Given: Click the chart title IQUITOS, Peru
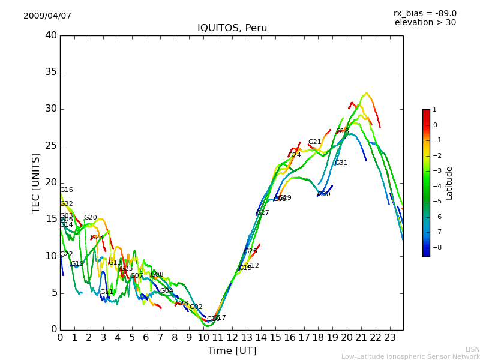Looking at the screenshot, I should [x=232, y=28].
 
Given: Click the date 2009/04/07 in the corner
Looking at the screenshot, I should [x=47, y=16].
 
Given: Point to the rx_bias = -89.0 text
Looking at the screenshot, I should [x=425, y=14].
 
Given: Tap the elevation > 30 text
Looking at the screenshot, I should [x=425, y=23].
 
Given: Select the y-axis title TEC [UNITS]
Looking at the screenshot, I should [x=36, y=182].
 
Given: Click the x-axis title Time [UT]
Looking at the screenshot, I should [x=232, y=351].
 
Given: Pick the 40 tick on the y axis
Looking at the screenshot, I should [x=50, y=35].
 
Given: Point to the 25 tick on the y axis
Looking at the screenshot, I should [x=50, y=146].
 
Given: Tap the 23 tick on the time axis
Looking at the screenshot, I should [x=390, y=337].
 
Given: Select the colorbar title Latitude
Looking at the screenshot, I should [x=449, y=183].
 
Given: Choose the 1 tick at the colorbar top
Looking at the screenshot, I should [x=435, y=110].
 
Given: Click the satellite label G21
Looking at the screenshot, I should [x=315, y=142].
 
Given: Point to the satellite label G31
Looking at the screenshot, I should [x=341, y=163].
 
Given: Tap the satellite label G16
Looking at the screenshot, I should [x=66, y=190].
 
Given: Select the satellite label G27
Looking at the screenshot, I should [x=263, y=213].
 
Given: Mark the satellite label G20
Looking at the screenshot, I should [x=90, y=218].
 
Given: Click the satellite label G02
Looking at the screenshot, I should [x=196, y=307].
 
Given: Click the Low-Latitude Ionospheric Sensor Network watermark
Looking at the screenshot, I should [x=410, y=357].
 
